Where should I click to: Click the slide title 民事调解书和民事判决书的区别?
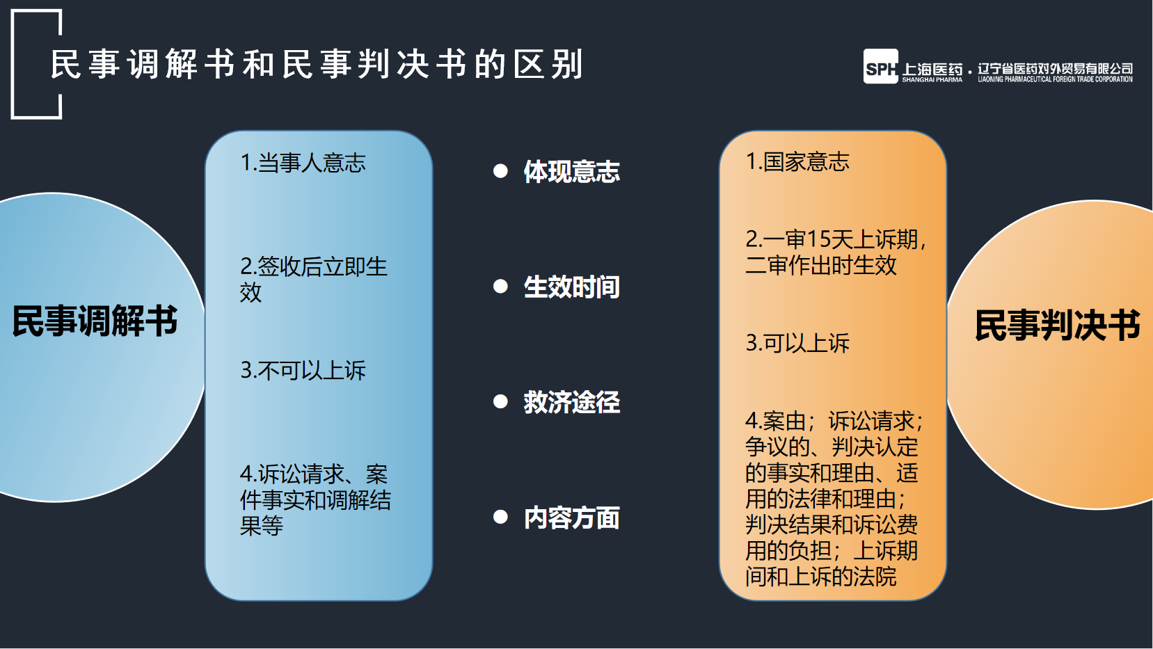[317, 64]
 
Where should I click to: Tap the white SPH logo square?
[881, 66]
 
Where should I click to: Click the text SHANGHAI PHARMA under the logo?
[932, 80]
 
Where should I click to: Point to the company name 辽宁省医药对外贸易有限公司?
[1055, 68]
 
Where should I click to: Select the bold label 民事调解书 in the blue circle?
[95, 321]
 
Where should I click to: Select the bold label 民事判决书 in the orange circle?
[1057, 326]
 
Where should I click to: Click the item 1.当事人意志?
[303, 163]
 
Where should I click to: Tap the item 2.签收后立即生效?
[313, 280]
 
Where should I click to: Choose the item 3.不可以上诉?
[303, 371]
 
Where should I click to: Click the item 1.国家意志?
[797, 161]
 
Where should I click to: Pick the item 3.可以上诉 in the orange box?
[797, 344]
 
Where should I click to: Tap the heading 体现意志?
[571, 171]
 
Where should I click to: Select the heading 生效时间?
[571, 287]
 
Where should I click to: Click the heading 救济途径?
[571, 402]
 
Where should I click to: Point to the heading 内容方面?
[571, 518]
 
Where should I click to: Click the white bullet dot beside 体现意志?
[500, 171]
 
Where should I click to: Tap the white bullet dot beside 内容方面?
[500, 517]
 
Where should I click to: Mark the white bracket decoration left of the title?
[13, 64]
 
